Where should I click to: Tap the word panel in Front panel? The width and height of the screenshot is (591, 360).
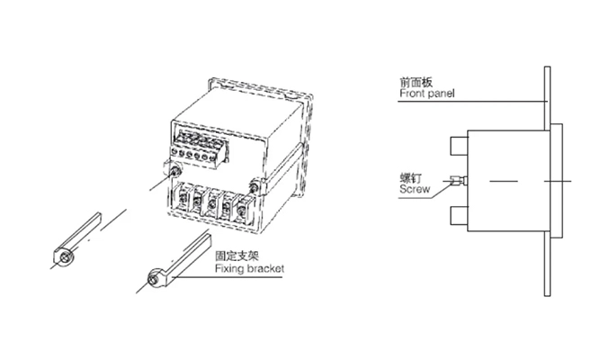coord(439,93)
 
